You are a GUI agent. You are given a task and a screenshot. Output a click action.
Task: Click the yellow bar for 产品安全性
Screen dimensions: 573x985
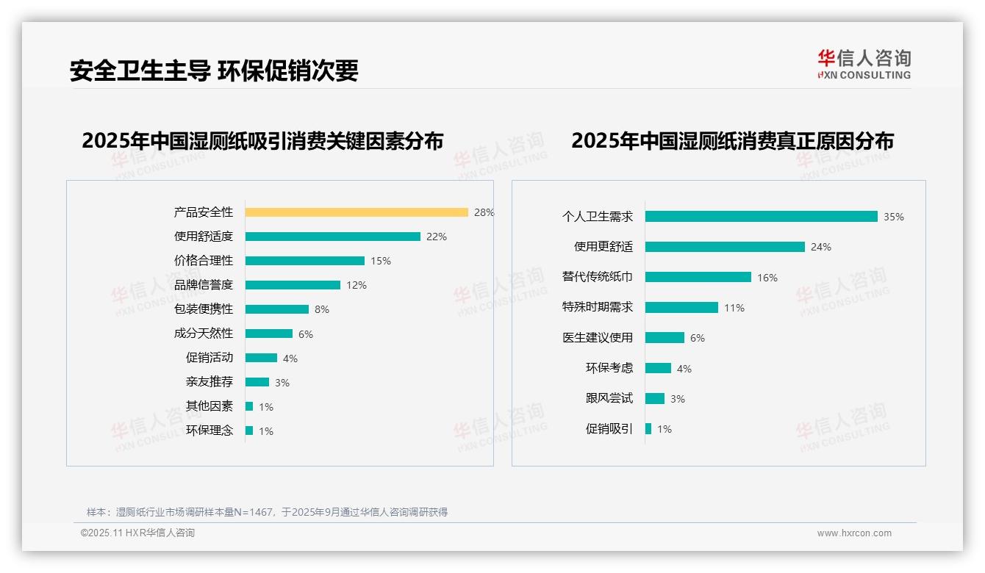[357, 212]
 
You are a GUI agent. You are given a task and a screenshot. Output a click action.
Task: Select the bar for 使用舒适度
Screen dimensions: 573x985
[332, 237]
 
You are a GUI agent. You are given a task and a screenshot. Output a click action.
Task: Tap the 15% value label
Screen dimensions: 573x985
[381, 261]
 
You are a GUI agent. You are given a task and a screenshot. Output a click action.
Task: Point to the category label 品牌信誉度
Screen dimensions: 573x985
[204, 285]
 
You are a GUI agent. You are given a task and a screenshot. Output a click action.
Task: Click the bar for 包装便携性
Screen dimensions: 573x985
[277, 309]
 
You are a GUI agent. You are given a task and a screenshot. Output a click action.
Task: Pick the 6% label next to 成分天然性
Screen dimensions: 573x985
[306, 334]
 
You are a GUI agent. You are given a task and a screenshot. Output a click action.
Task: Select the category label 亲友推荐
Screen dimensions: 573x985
[209, 382]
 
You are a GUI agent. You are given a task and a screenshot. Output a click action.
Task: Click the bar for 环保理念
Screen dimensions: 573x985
[249, 430]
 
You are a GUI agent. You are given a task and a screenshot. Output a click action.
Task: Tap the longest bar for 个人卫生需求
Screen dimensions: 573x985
[761, 217]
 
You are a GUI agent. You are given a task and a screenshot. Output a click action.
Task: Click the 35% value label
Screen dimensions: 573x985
[894, 217]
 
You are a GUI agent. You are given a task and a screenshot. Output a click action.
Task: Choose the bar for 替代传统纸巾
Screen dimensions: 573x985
[698, 277]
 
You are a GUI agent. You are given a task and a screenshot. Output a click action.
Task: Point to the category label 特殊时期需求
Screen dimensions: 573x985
[598, 307]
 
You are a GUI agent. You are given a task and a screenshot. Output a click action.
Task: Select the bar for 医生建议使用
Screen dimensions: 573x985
[665, 338]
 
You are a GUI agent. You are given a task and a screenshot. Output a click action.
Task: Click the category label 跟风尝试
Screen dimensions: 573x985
[609, 398]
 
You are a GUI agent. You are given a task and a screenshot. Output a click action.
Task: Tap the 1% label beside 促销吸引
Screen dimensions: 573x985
[665, 429]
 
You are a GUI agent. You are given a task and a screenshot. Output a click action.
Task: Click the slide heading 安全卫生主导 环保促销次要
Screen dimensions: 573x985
[214, 71]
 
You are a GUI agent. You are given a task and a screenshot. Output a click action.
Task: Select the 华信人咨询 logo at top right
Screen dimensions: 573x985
[864, 64]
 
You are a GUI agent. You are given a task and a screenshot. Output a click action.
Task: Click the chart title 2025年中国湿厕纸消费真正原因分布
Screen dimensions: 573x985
[732, 141]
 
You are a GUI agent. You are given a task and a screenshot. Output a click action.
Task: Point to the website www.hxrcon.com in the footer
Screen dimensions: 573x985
[854, 533]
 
